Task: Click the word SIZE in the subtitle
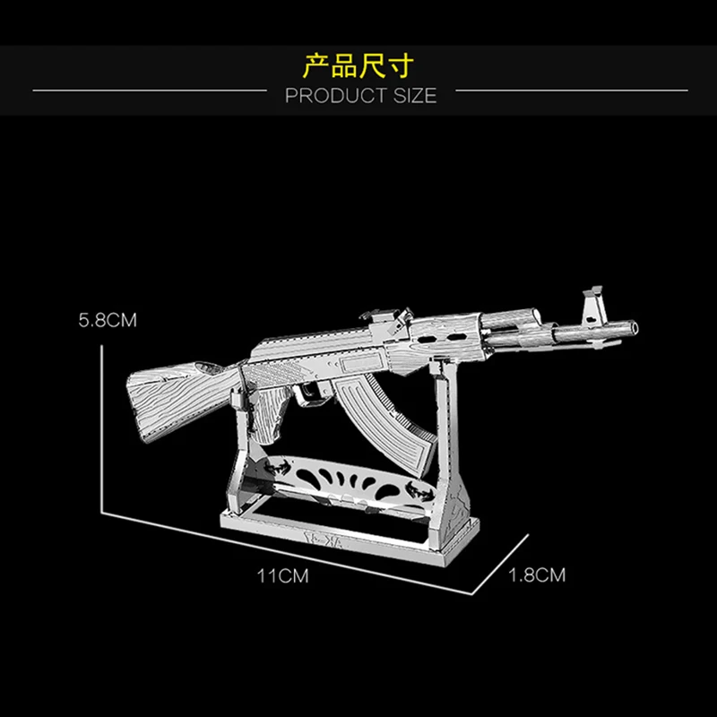coord(413,95)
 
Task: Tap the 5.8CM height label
coord(107,319)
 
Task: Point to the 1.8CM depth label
coord(537,574)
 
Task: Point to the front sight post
coord(591,304)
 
